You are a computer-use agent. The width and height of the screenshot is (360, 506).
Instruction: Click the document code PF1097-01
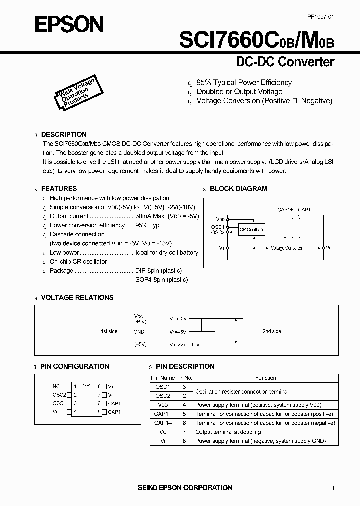(x=320, y=17)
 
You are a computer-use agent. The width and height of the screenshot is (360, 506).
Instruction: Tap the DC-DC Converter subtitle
(x=284, y=62)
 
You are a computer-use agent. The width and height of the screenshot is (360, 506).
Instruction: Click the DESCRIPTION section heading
(x=63, y=134)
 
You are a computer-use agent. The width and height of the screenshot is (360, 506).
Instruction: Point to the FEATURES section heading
(x=59, y=189)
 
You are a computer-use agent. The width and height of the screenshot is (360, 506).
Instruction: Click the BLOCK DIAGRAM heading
(x=238, y=189)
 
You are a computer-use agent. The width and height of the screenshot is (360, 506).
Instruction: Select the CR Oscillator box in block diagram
(x=251, y=229)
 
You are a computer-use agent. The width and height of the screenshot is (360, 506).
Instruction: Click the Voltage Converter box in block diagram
(x=286, y=248)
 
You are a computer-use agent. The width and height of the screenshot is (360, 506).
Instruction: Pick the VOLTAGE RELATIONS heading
(x=77, y=297)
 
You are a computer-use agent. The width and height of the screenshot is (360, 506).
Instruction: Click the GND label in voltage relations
(x=139, y=332)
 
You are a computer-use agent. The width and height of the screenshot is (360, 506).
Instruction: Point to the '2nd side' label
(x=272, y=331)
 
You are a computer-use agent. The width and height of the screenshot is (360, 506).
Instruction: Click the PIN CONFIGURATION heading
(x=75, y=366)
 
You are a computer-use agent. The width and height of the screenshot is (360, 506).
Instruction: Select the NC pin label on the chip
(x=56, y=386)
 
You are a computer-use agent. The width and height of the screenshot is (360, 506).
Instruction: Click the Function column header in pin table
(x=265, y=378)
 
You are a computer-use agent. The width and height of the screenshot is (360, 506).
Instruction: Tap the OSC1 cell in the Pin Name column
(x=163, y=387)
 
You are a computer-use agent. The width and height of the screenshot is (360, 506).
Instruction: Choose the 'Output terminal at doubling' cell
(x=228, y=432)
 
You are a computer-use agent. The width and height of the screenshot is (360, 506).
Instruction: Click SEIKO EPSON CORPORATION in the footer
(x=184, y=487)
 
